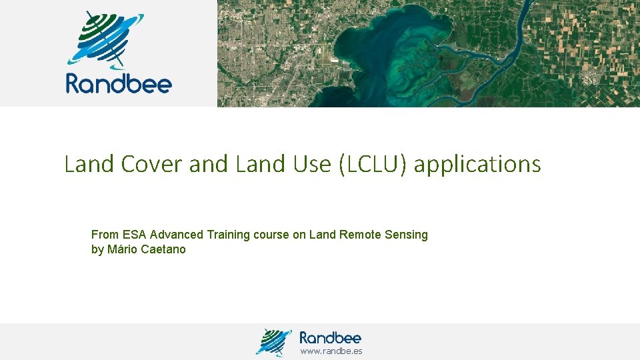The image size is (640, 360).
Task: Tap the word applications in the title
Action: click(x=477, y=164)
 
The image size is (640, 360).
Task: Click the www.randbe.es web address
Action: click(x=331, y=351)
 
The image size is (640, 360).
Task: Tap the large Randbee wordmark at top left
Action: click(x=119, y=84)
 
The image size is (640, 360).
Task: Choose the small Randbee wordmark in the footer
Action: click(x=330, y=337)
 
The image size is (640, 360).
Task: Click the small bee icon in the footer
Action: click(x=274, y=342)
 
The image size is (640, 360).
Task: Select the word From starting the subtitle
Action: click(x=105, y=235)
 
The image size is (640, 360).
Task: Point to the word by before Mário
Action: click(x=97, y=250)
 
